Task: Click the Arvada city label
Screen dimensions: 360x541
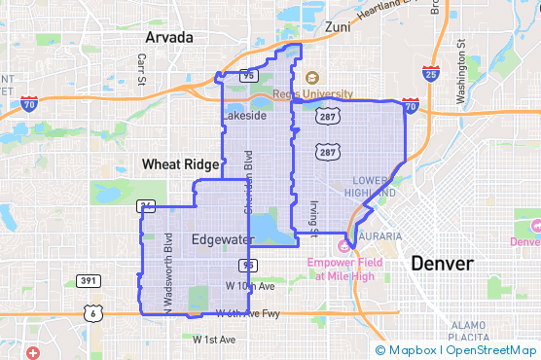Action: tap(169, 37)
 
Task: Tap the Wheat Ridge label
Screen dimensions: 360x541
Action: tap(174, 164)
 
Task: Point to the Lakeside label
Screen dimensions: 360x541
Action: tap(243, 115)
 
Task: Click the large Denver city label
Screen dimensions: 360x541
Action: tap(442, 264)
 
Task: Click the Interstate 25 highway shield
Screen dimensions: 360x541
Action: tap(431, 72)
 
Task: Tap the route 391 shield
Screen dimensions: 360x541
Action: tap(90, 281)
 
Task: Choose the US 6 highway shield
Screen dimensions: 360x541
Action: tap(90, 312)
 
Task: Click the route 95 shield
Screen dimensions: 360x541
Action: tap(249, 264)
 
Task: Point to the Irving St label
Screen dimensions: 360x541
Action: tap(313, 219)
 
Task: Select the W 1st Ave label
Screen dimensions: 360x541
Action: tap(214, 340)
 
